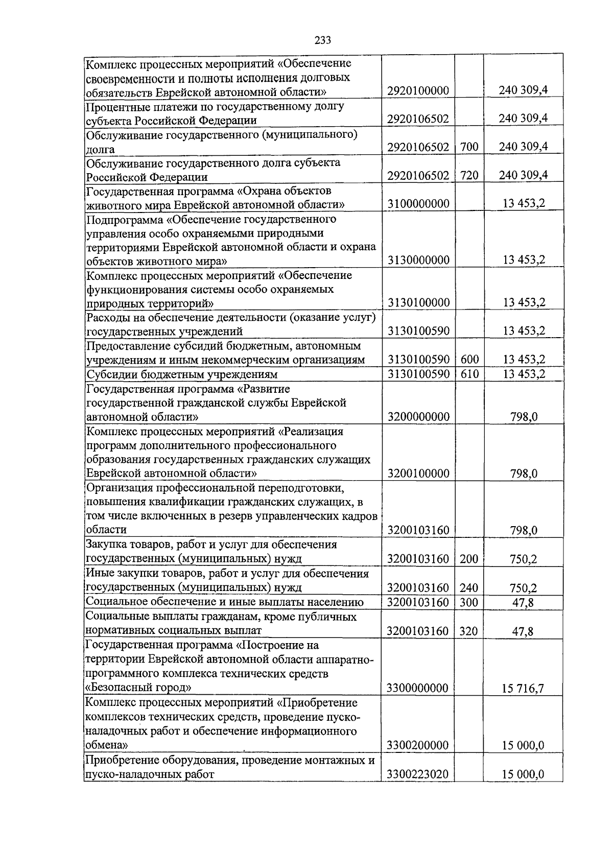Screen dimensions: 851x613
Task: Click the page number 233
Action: coord(322,40)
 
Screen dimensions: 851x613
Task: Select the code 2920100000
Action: coord(418,91)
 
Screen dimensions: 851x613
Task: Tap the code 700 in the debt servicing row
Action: coord(469,147)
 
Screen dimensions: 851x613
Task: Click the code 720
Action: coord(469,176)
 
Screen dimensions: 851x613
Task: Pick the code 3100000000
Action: coord(418,204)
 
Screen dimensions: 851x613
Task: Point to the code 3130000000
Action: coord(418,261)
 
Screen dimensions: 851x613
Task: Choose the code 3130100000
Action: coord(418,303)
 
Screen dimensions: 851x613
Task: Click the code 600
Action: coord(469,360)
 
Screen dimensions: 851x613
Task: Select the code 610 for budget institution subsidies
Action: coord(469,374)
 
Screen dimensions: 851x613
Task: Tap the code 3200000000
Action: coord(418,417)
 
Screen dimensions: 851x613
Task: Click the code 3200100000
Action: coord(418,474)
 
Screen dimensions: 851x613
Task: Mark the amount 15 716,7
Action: coord(523,689)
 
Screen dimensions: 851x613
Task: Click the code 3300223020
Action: coord(418,774)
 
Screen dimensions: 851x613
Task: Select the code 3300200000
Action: coord(418,745)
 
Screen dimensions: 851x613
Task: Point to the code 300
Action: coord(469,603)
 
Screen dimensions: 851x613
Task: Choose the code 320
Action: coord(469,632)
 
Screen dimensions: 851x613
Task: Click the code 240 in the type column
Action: coord(469,588)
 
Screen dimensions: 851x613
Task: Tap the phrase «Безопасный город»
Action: coord(138,687)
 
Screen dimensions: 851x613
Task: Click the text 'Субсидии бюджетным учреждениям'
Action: coord(182,374)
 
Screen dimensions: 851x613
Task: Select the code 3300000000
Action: coord(418,688)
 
